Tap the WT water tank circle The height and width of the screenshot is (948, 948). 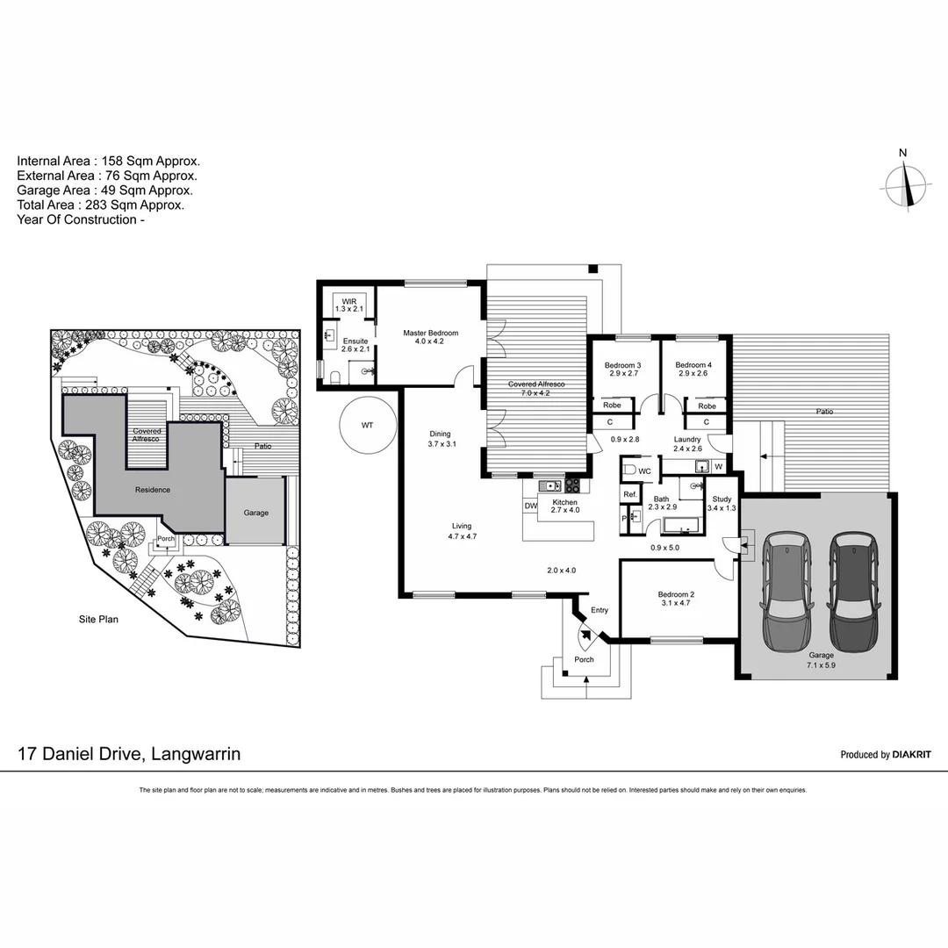click(x=367, y=425)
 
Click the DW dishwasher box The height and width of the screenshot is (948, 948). click(x=530, y=506)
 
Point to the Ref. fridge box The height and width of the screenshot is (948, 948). click(x=629, y=495)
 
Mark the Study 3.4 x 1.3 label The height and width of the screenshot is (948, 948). click(x=722, y=503)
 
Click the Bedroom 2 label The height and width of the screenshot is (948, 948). click(x=675, y=599)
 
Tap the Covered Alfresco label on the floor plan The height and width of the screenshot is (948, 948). click(x=535, y=389)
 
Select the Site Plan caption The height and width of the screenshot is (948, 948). click(x=97, y=619)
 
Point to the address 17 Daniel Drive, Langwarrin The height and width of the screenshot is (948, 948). click(x=129, y=753)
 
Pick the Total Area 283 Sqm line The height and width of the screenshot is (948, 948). click(x=100, y=205)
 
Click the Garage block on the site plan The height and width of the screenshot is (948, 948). click(x=255, y=513)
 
